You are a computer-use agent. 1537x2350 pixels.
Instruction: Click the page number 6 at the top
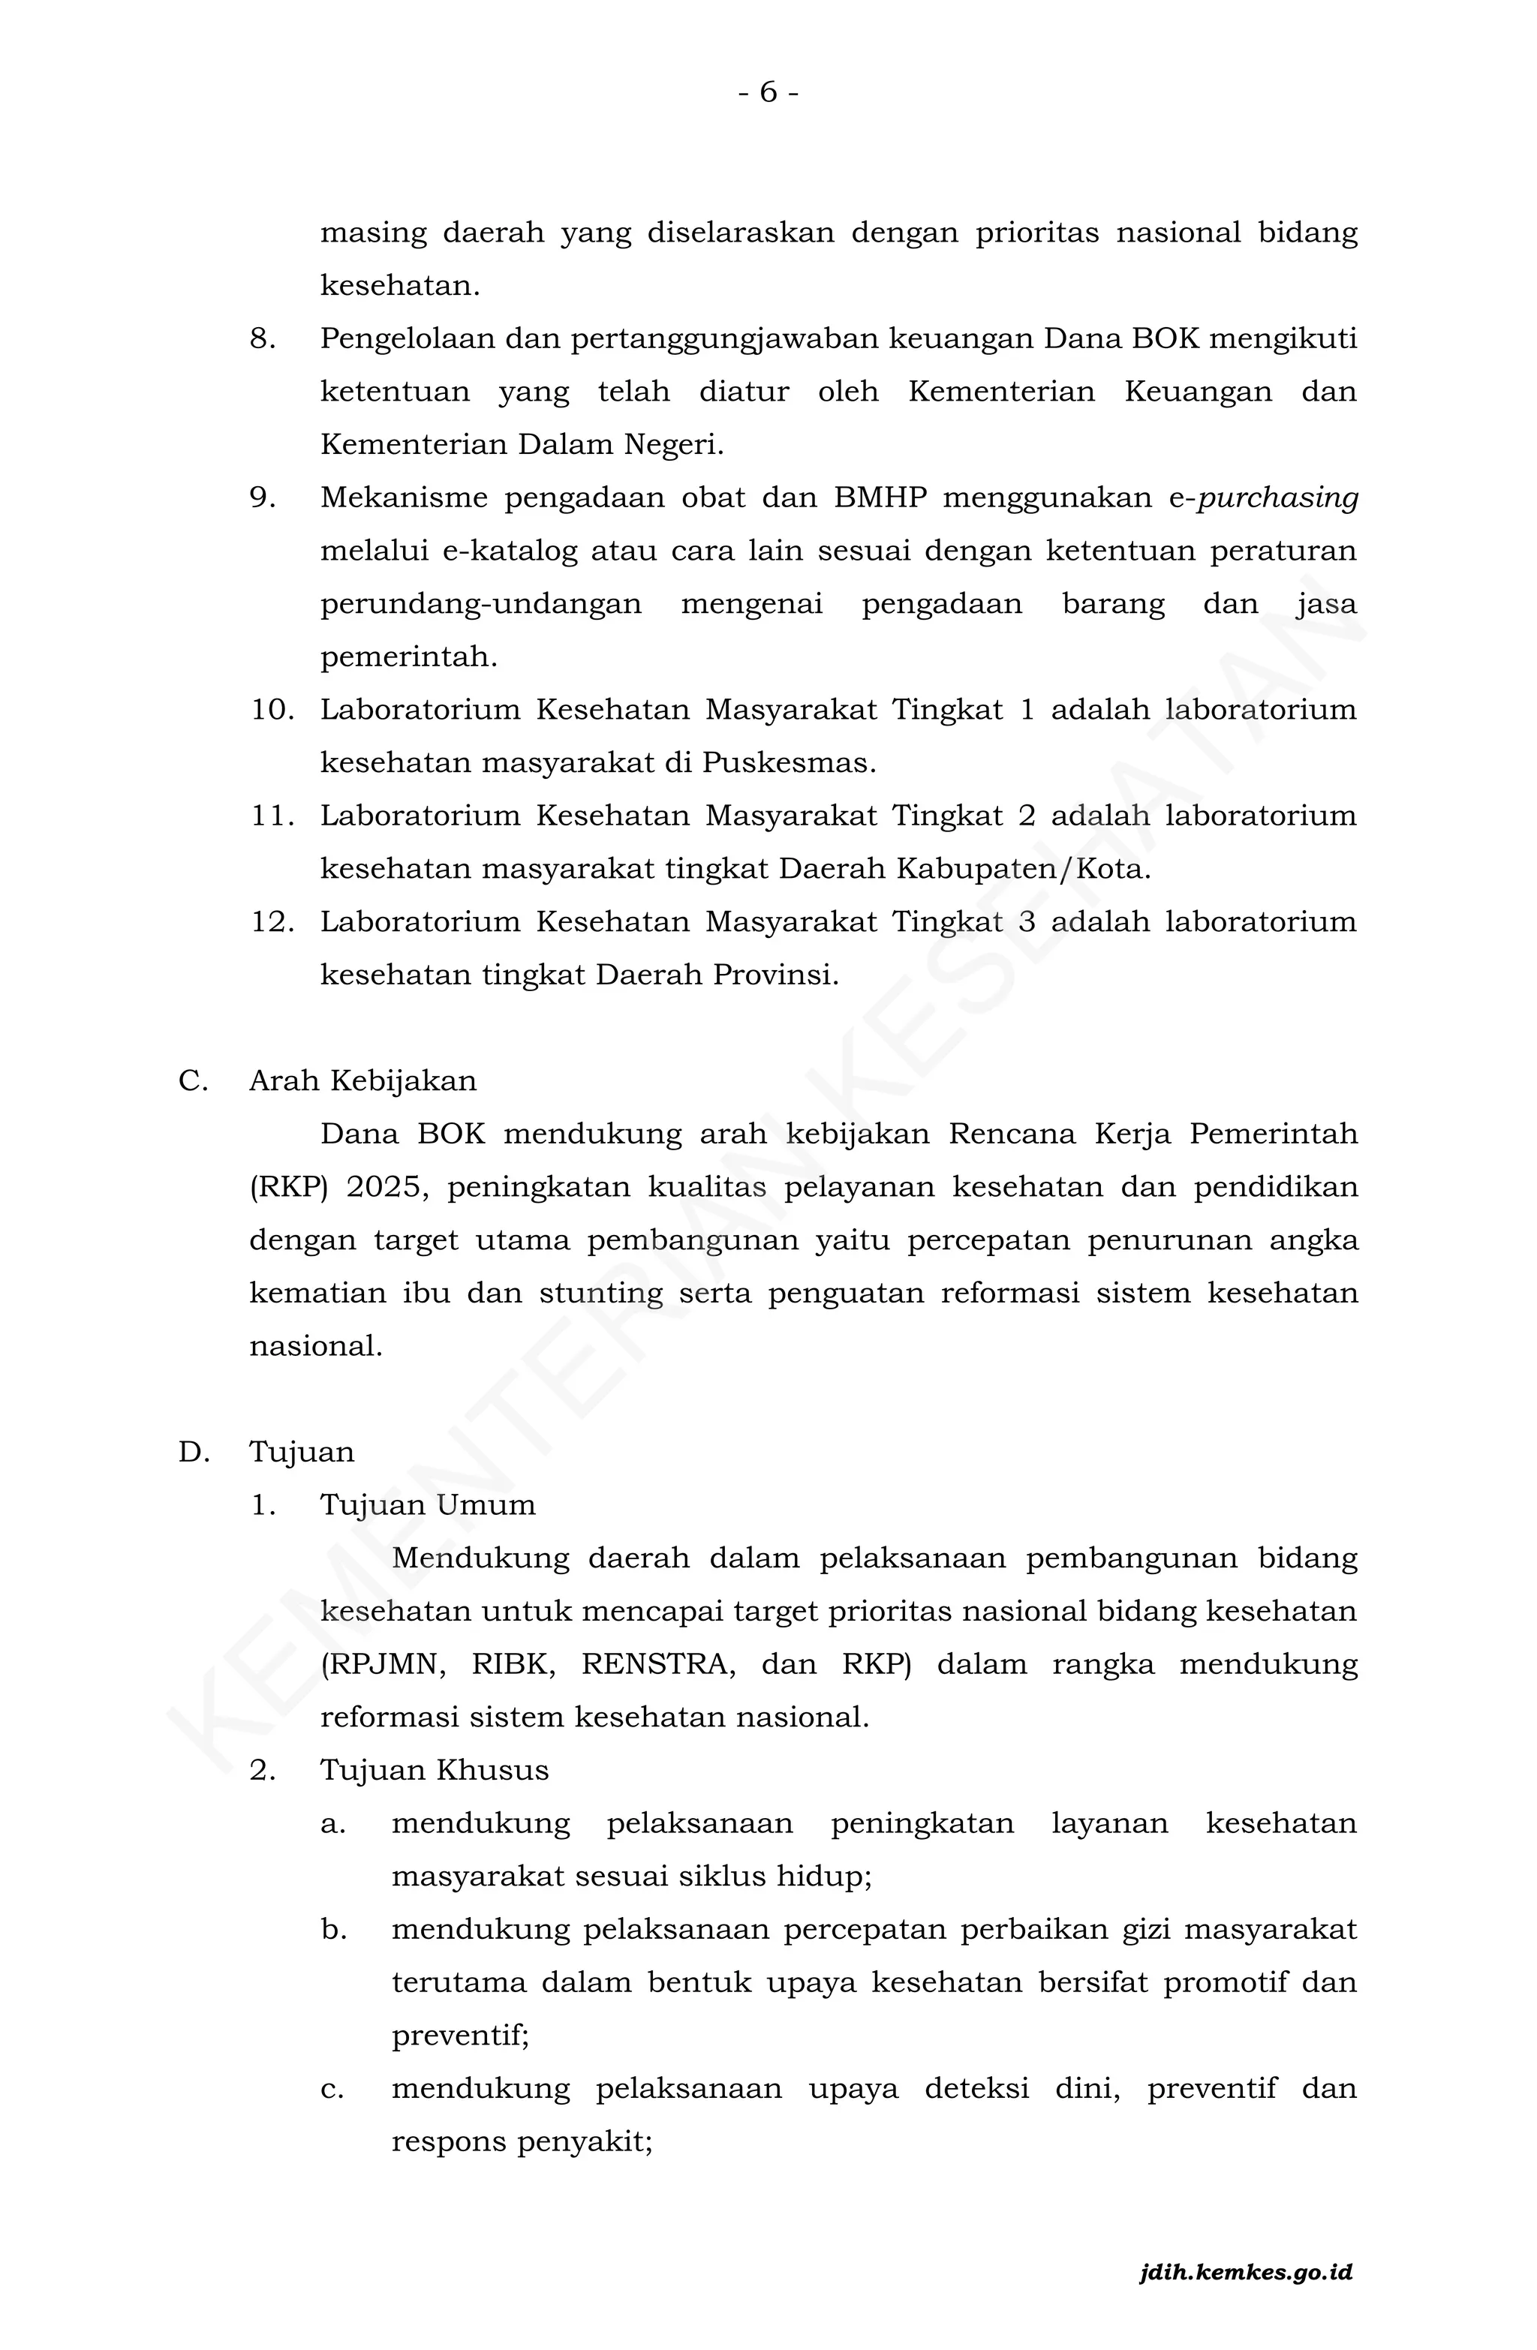[x=768, y=93]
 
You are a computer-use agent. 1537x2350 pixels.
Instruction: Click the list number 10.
[x=272, y=710]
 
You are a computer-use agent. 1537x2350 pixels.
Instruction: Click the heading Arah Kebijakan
[x=362, y=1081]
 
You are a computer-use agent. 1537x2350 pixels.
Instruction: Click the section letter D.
[x=193, y=1453]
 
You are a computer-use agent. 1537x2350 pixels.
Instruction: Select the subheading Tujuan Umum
[x=428, y=1506]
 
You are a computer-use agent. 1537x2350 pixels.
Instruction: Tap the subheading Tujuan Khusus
[x=434, y=1771]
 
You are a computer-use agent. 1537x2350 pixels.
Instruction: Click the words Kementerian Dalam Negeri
[x=521, y=446]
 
